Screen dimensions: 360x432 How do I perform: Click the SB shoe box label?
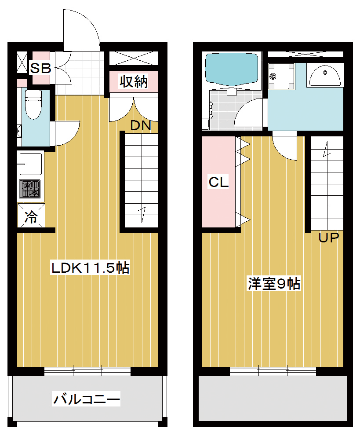point(40,68)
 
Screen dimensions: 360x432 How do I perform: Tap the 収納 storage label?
point(134,81)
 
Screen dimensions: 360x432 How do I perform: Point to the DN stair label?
point(141,126)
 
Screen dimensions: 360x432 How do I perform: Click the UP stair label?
point(329,238)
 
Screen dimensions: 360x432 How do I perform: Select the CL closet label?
point(218,182)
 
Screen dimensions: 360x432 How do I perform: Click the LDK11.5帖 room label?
point(90,267)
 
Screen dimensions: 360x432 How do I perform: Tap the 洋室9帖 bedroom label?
point(274,283)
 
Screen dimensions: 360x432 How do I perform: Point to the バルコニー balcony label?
point(87,399)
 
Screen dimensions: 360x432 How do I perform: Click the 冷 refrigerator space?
point(31,216)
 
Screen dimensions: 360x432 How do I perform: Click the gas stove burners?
point(29,189)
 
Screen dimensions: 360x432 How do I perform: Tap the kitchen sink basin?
point(30,164)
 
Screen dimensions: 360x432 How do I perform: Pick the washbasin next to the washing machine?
point(325,76)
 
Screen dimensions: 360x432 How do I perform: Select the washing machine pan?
point(282,76)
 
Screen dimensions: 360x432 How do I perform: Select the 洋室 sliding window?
point(273,371)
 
